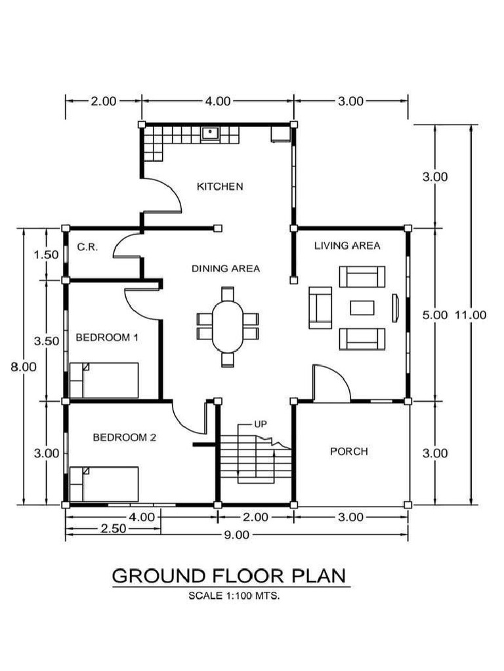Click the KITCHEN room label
(x=220, y=187)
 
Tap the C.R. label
(x=87, y=247)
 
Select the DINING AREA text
(x=226, y=269)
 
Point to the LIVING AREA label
(x=347, y=246)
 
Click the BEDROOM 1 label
(x=107, y=338)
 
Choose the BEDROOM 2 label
(x=124, y=437)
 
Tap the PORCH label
(x=348, y=451)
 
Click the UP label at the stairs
(x=261, y=424)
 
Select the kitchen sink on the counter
(x=211, y=133)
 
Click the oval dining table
(x=228, y=326)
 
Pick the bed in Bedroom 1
(x=104, y=380)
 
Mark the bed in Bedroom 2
(x=104, y=484)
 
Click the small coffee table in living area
(x=362, y=308)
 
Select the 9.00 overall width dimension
(x=237, y=535)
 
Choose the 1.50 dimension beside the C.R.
(x=46, y=255)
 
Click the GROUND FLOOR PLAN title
(x=229, y=576)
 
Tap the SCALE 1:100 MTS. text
(x=234, y=596)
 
